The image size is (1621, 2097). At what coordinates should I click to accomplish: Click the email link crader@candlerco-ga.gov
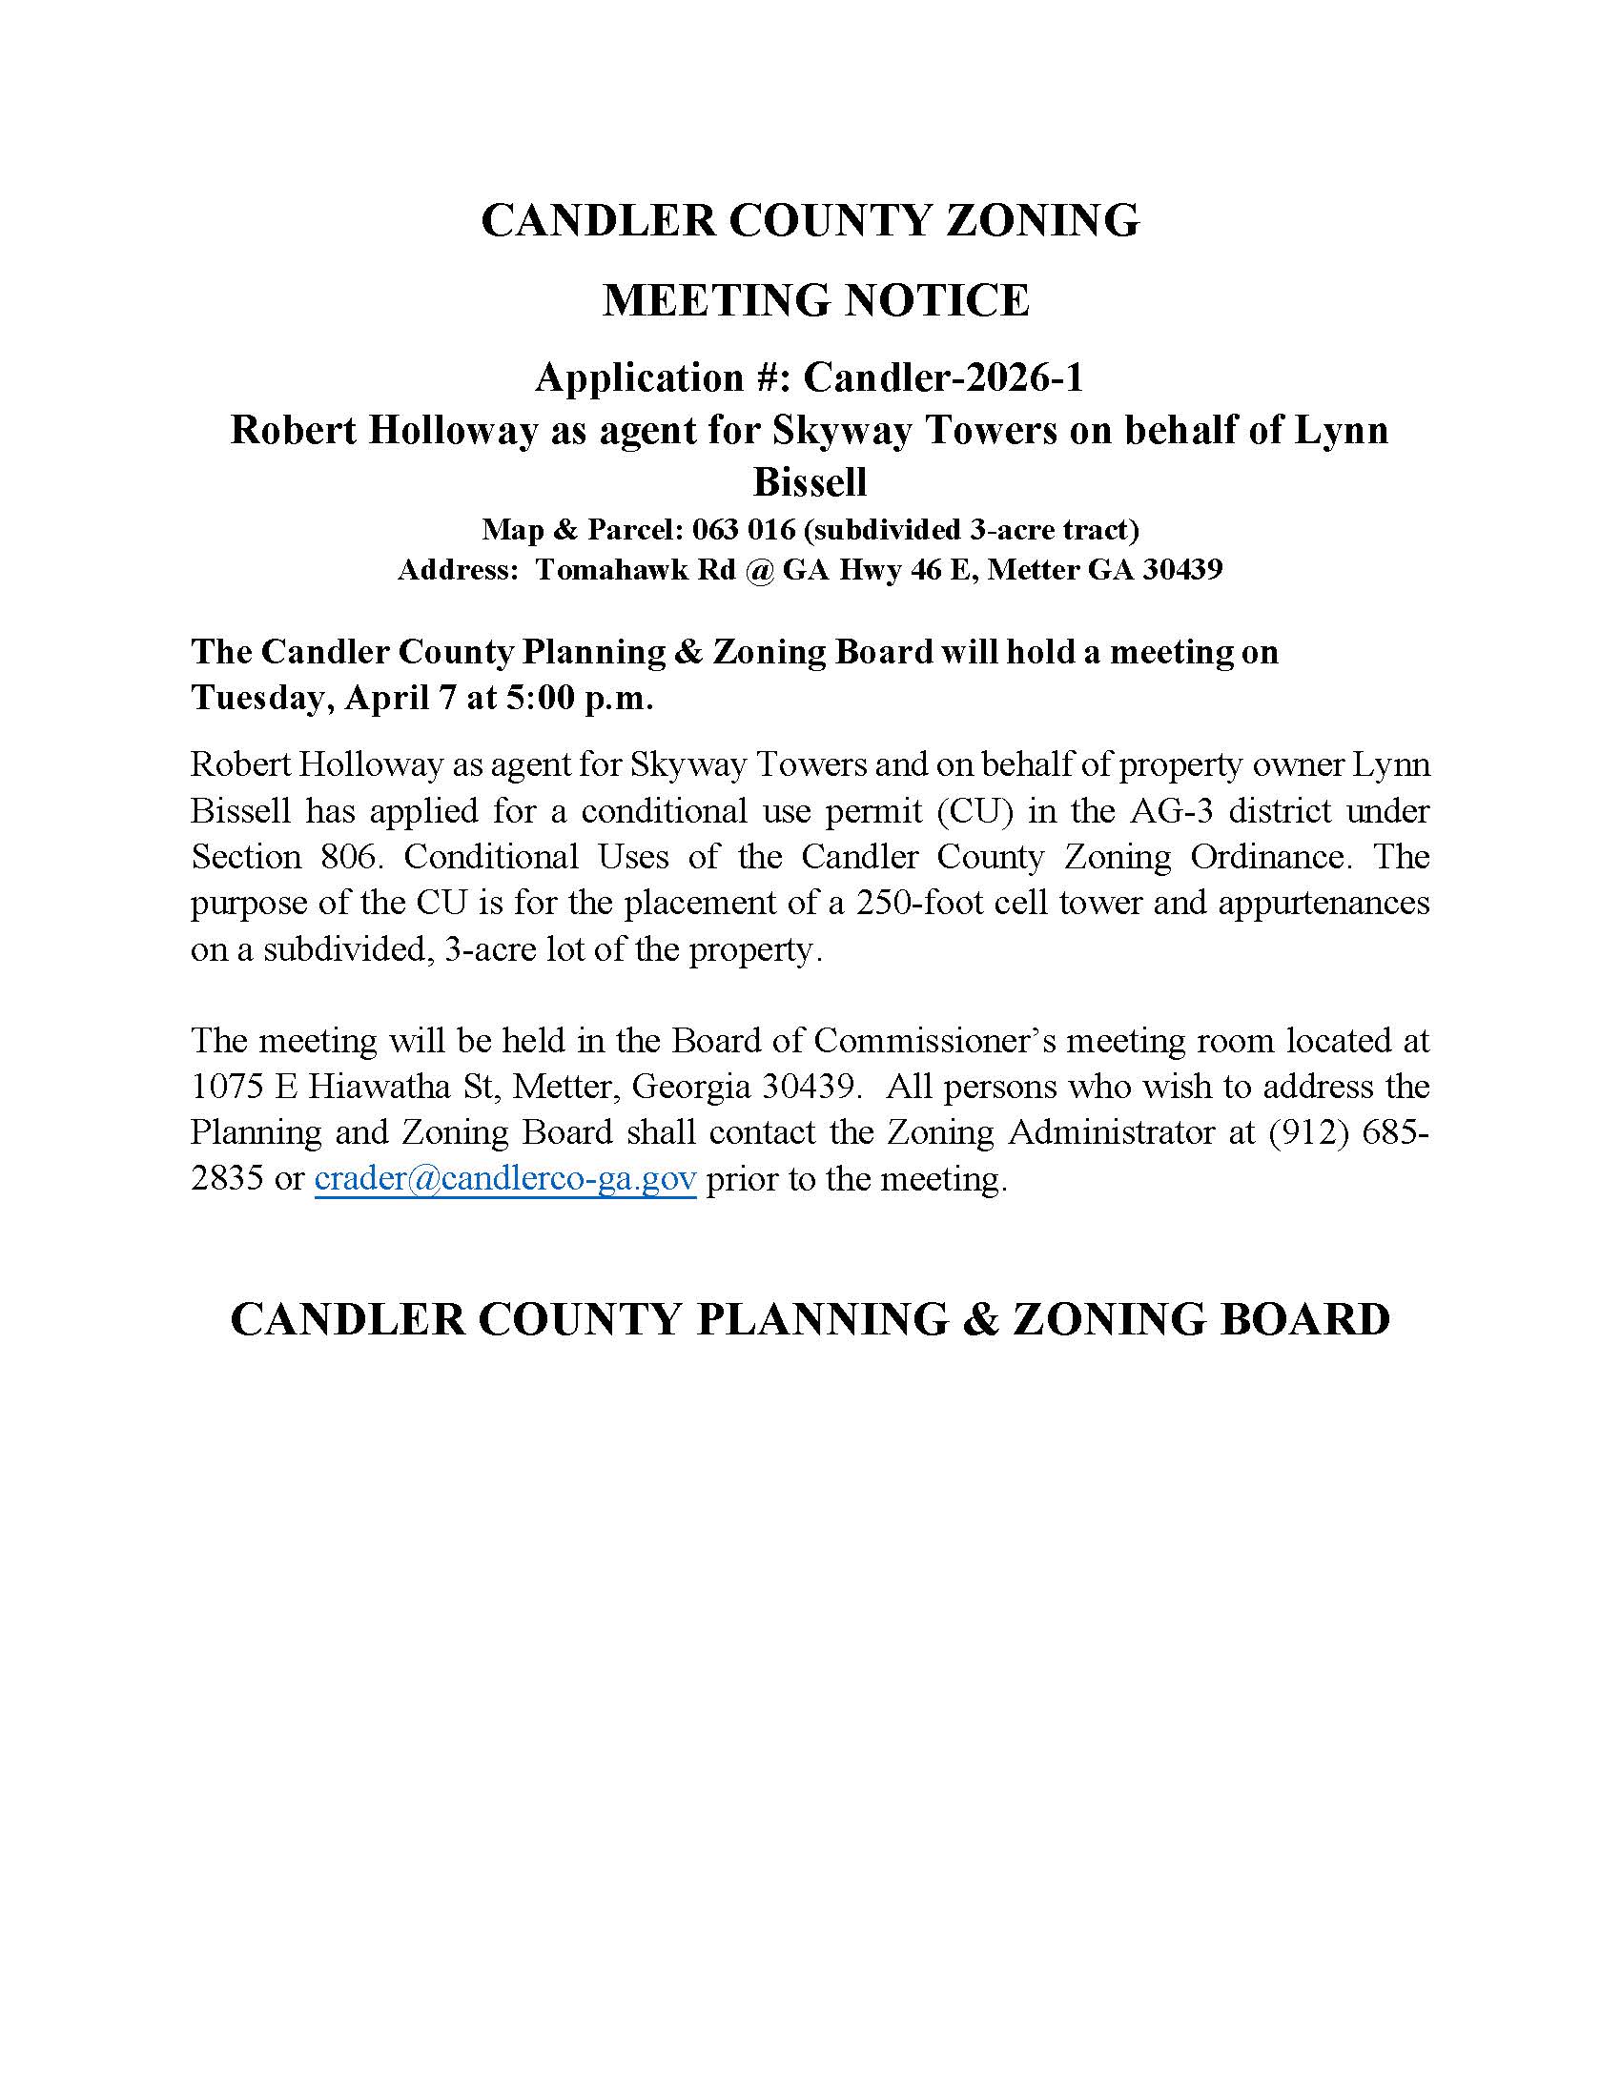click(x=505, y=1179)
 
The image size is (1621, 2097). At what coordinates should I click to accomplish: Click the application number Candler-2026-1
click(x=943, y=378)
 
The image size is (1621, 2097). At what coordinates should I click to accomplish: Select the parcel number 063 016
click(x=736, y=529)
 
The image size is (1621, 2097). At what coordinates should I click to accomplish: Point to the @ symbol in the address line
click(x=758, y=569)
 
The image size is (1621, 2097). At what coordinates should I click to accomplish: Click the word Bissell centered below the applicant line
click(x=810, y=482)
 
